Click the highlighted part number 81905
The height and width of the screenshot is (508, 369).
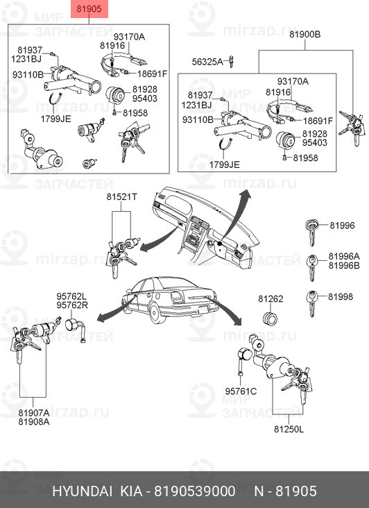[89, 9]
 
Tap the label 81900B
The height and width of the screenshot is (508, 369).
[305, 34]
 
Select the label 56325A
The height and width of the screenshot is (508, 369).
[207, 62]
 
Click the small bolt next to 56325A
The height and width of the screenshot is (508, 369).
[231, 61]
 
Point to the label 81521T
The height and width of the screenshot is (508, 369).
[121, 196]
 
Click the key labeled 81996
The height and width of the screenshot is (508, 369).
[311, 232]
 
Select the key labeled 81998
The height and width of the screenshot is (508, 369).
[311, 303]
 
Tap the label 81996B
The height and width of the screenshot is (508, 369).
[344, 265]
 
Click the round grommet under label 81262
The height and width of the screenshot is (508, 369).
[270, 319]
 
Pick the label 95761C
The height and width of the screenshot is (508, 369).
[241, 391]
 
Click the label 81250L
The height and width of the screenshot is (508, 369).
[289, 430]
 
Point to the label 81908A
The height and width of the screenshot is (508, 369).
[34, 421]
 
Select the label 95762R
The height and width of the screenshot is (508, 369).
[72, 305]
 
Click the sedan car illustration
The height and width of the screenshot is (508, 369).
[169, 298]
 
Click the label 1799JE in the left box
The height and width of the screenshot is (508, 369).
[55, 119]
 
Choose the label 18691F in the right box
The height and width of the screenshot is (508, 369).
[318, 121]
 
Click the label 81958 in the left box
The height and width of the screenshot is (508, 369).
[135, 112]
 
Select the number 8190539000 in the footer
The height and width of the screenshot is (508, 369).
[194, 491]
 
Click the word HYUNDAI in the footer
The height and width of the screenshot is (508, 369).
[83, 491]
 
